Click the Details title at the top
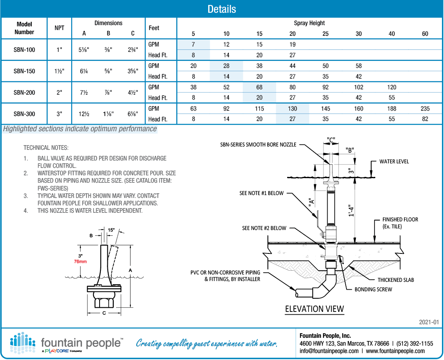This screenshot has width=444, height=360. click(221, 9)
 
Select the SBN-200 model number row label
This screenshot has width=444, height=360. click(24, 93)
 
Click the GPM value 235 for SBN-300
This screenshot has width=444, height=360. click(425, 109)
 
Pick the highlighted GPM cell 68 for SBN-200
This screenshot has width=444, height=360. click(259, 87)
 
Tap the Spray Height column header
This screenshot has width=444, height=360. click(309, 23)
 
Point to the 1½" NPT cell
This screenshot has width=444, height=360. click(59, 71)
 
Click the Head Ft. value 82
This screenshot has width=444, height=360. click(425, 119)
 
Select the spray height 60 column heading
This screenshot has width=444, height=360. click(425, 34)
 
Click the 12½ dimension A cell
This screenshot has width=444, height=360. click(84, 114)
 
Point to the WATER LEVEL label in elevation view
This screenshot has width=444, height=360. click(394, 162)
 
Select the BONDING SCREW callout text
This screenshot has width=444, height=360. click(373, 289)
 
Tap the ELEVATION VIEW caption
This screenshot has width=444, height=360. click(314, 309)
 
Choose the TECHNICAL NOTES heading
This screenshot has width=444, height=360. click(46, 147)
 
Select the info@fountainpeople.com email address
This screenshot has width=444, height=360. click(329, 351)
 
